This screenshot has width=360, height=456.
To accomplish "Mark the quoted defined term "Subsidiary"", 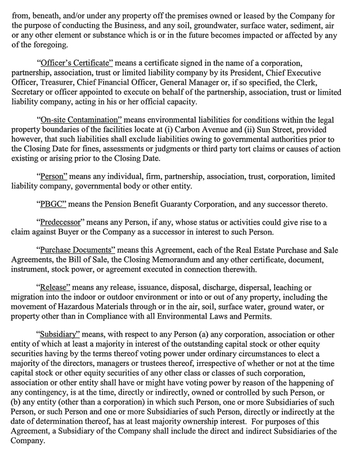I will click(61, 332).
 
